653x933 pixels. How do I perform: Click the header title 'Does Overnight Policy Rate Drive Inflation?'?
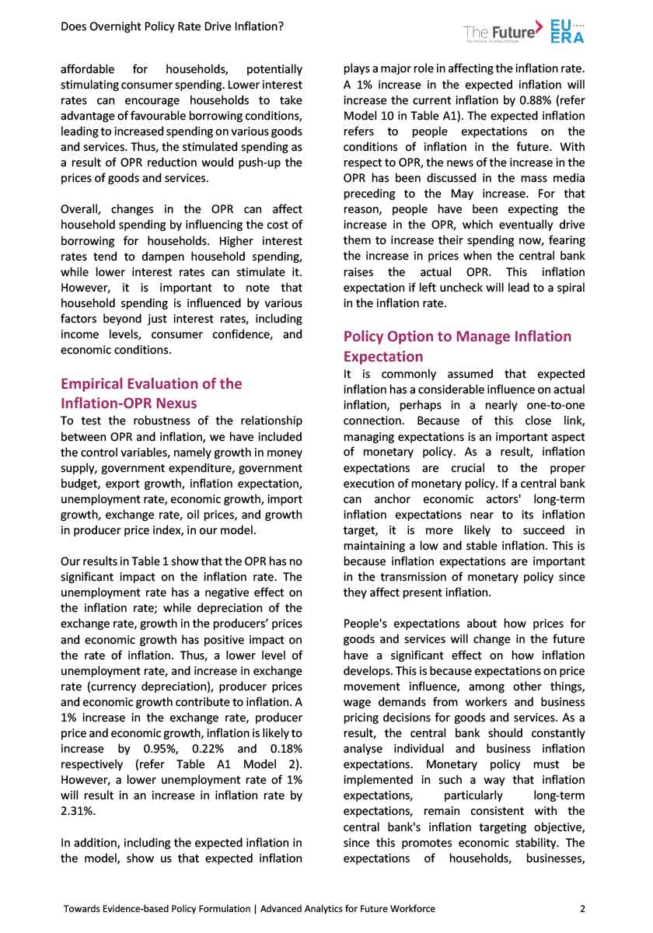(172, 26)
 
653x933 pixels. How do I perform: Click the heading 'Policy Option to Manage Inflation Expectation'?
(457, 346)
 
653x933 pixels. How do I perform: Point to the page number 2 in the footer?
(582, 908)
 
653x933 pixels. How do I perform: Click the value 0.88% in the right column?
(495, 100)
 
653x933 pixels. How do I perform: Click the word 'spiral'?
(567, 288)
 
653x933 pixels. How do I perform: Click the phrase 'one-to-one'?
(554, 405)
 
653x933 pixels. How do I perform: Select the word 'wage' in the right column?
(358, 701)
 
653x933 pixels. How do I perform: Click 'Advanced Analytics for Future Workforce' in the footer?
(348, 908)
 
